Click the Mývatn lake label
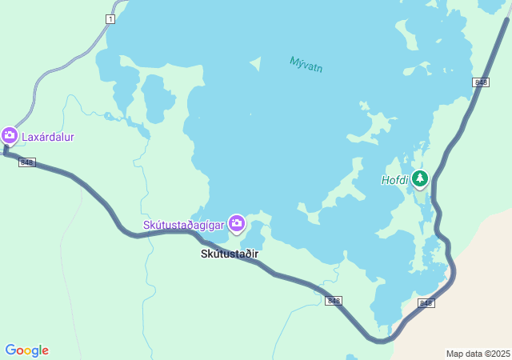pos(306,64)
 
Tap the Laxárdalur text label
pos(48,137)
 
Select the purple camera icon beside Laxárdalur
pos(10,136)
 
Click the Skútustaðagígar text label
pos(184,225)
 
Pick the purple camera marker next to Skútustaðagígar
pos(236,224)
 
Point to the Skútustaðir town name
pos(230,254)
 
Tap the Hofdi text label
pos(394,180)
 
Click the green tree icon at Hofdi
pos(420,178)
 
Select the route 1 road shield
pos(110,18)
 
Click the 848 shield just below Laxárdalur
pos(27,162)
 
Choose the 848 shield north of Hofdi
pos(481,82)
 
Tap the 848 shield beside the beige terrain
pos(426,303)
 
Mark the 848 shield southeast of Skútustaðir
pos(334,301)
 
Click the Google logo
pos(26,350)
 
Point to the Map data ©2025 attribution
pos(478,354)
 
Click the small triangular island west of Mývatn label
pos(256,63)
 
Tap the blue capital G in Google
pos(10,350)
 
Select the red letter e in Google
pos(45,351)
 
